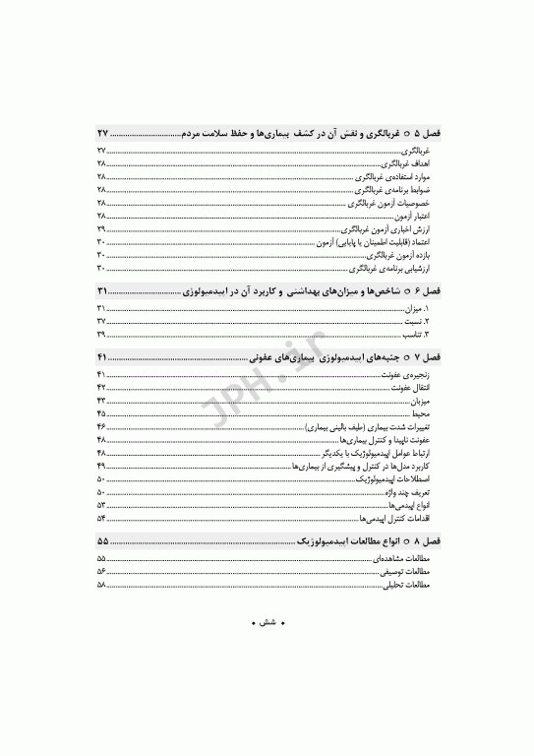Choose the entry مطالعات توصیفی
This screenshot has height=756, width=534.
[x=409, y=571]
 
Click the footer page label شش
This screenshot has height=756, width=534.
[x=267, y=623]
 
